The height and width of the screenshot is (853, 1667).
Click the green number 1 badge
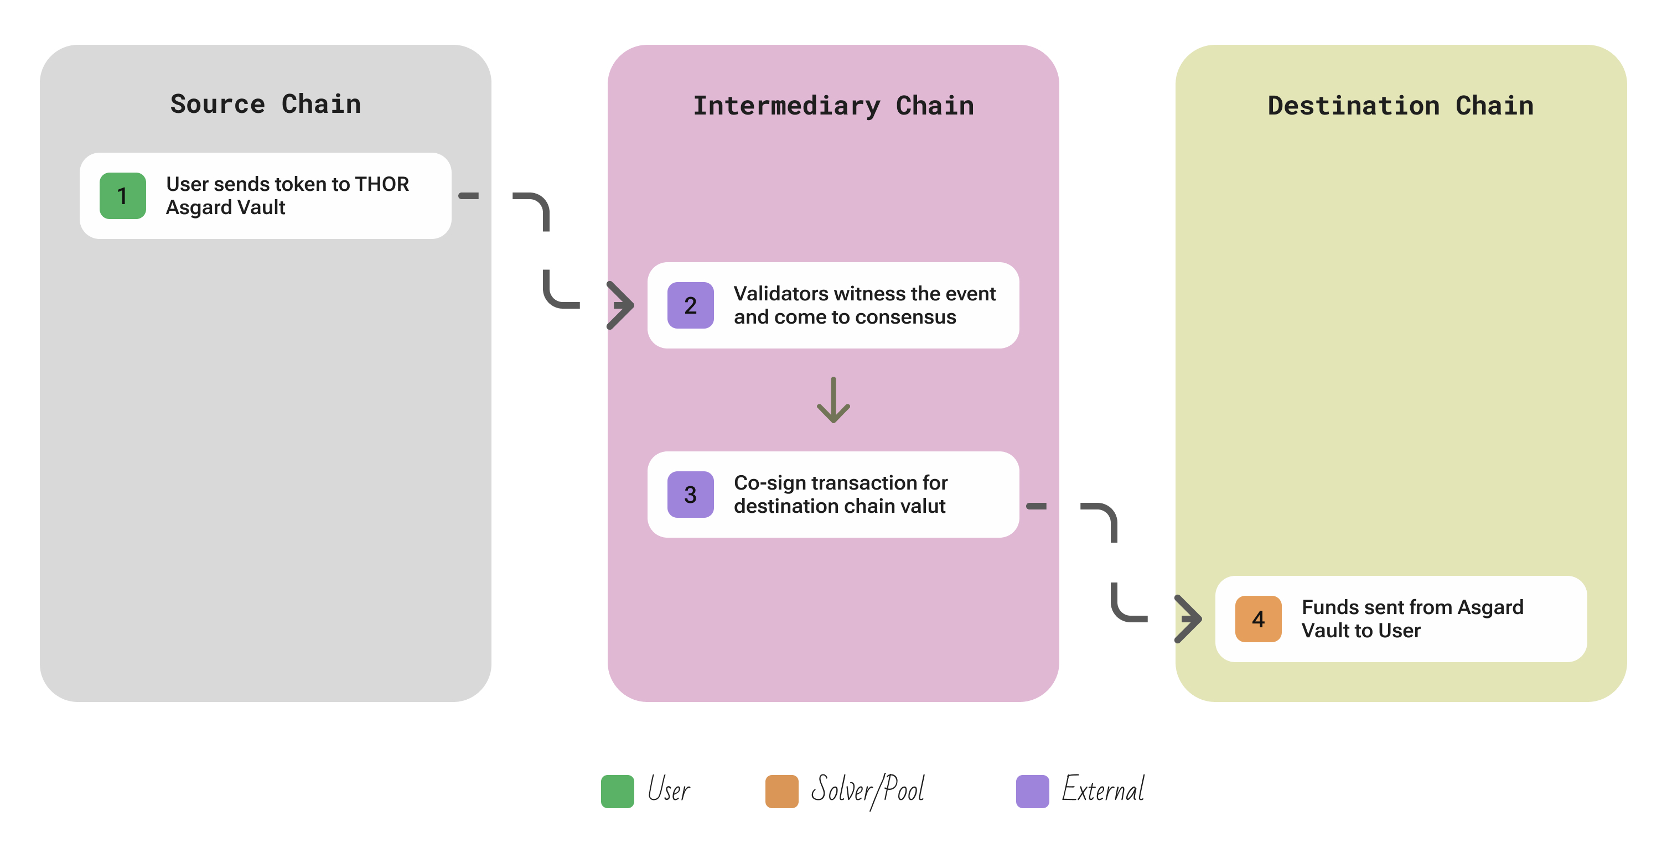122,196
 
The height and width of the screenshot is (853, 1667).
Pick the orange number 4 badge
1257,619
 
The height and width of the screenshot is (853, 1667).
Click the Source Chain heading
265,104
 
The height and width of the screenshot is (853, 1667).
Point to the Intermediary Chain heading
833,106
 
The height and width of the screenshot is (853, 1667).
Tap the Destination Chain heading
1400,106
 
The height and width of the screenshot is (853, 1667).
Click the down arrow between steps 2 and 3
833,401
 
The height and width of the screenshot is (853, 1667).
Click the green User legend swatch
617,791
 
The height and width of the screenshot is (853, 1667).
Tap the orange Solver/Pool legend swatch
781,791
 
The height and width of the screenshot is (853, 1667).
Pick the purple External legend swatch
1032,791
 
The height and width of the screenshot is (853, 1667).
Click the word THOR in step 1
382,184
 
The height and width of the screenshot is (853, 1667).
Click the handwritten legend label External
1102,789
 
